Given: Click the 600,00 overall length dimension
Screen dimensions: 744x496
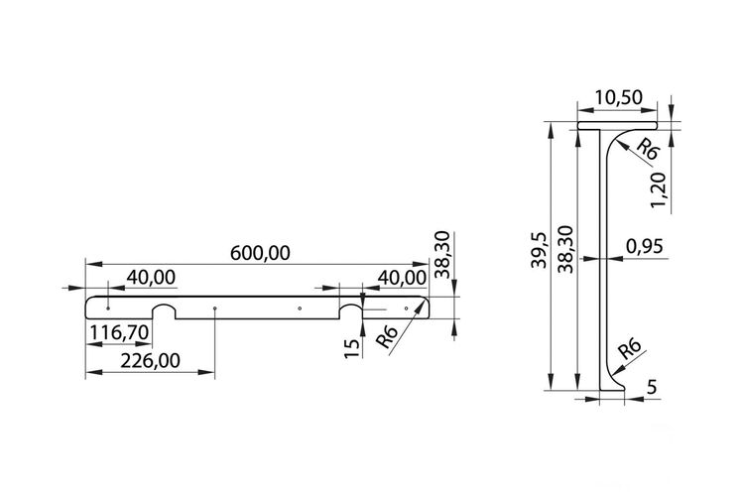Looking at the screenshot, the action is click(260, 254).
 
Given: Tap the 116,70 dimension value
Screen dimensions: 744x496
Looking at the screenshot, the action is click(120, 332).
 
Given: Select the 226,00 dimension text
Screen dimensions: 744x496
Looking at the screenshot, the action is click(151, 361).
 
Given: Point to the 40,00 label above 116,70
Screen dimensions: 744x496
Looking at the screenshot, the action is click(151, 277).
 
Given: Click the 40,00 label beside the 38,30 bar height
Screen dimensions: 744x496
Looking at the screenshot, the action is click(402, 278).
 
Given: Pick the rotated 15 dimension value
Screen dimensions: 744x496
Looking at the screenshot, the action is click(352, 348).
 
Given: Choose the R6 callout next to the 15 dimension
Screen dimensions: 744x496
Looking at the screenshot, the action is click(386, 337).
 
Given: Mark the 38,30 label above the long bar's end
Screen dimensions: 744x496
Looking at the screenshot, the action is click(441, 254).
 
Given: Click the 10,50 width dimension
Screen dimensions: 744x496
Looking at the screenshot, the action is click(619, 97).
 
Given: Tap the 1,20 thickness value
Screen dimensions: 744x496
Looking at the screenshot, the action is click(659, 190).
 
